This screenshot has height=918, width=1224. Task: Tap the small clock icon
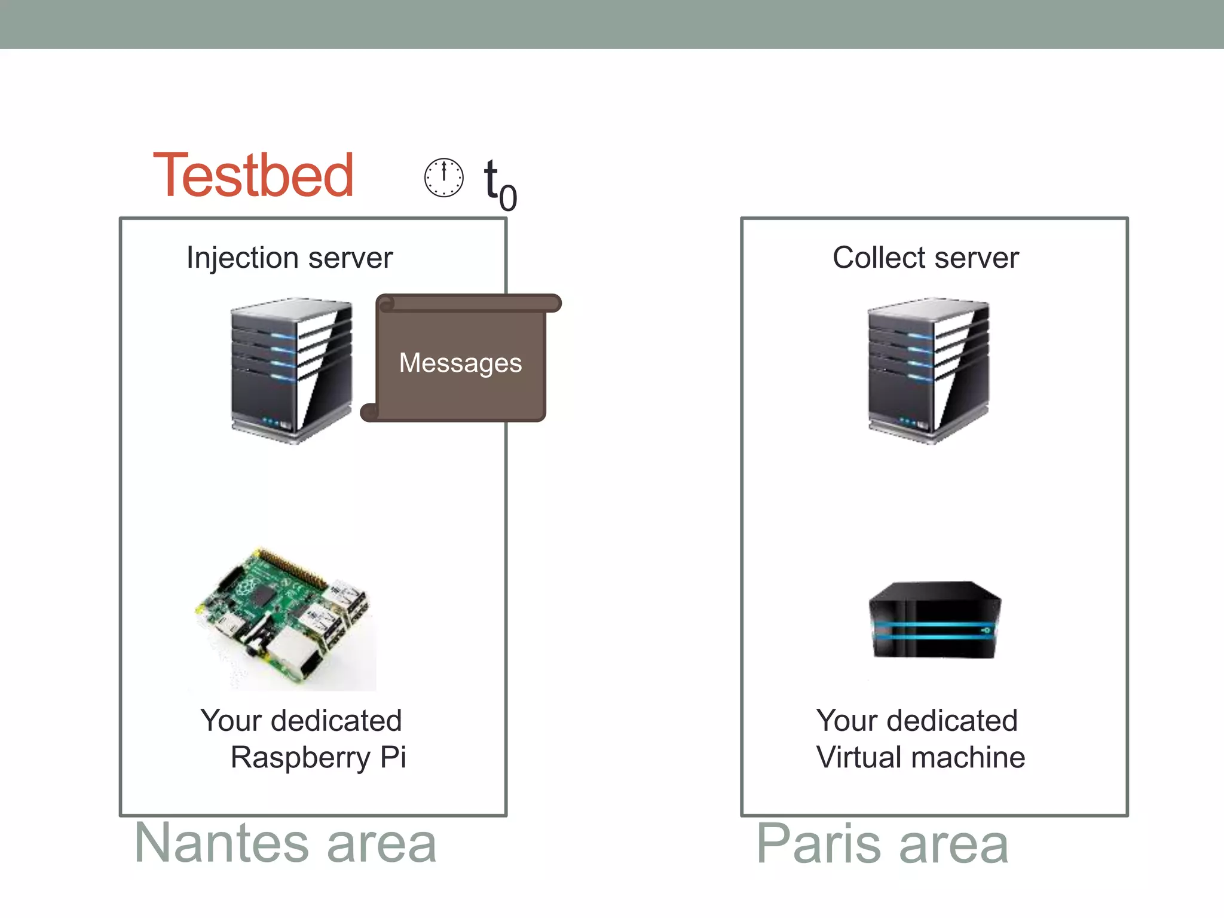(443, 178)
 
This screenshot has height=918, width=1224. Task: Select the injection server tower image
(292, 371)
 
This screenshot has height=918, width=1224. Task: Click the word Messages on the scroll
(460, 363)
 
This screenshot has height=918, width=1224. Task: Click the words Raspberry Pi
(318, 758)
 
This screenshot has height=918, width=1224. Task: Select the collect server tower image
(928, 371)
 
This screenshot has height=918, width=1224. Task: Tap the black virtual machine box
(935, 620)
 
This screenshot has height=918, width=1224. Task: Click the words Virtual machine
(920, 758)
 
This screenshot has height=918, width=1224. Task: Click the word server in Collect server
(977, 258)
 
